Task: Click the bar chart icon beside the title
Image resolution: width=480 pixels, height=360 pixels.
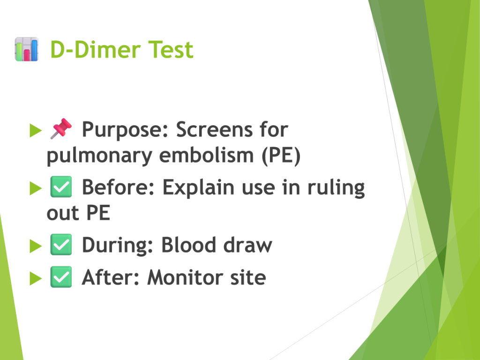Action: pos(27,49)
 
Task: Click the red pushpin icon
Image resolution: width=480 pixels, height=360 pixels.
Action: pos(61,128)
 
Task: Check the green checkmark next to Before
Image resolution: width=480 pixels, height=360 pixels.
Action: pos(61,187)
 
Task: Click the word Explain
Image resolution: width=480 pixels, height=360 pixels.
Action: pos(198,188)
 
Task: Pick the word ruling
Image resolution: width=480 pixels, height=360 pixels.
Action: pos(336,188)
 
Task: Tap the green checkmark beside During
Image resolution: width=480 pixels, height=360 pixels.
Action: pos(61,245)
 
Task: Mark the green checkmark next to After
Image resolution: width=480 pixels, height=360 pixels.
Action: pos(61,277)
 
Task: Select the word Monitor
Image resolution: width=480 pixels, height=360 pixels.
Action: pos(185,277)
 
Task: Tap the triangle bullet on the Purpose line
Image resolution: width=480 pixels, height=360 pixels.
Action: pos(36,130)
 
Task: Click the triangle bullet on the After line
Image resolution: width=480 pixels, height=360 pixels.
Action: pos(36,278)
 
